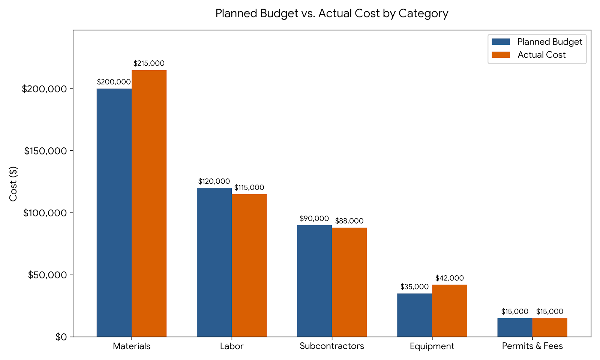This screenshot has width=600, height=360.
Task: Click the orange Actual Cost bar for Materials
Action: click(149, 203)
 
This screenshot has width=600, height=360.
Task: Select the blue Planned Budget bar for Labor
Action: click(214, 262)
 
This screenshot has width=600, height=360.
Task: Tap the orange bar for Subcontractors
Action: click(349, 282)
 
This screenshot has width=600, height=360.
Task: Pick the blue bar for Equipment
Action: click(415, 315)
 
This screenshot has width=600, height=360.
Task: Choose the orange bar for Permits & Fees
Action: click(550, 327)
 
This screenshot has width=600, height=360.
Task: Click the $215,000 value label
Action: click(149, 63)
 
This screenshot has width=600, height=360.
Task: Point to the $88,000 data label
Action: click(349, 221)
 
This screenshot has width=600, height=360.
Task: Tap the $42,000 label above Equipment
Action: click(450, 278)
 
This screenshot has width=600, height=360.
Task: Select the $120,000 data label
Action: click(214, 181)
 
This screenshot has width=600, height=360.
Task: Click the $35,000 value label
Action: click(414, 286)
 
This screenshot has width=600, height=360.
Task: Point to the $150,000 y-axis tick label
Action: click(45, 151)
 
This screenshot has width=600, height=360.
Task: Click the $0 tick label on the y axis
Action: click(61, 337)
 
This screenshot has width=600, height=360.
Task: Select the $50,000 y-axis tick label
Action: click(47, 275)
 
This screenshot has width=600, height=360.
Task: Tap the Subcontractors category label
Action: click(332, 346)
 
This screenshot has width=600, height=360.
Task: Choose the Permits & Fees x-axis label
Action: click(532, 346)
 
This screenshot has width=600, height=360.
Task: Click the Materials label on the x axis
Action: click(132, 346)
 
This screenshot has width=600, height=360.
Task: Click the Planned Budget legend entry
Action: click(537, 42)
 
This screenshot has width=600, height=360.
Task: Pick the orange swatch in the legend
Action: click(501, 55)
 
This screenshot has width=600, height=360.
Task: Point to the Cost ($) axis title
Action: click(13, 184)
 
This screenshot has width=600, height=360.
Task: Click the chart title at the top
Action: click(332, 13)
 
